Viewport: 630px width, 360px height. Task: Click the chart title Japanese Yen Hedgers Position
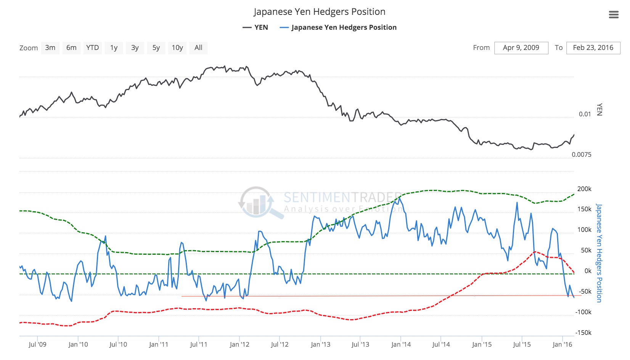(x=319, y=12)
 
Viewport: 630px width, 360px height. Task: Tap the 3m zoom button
(x=50, y=48)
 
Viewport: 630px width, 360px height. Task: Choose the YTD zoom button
(x=92, y=48)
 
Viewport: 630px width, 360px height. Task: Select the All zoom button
(x=198, y=48)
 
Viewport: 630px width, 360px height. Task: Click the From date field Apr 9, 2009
(x=521, y=48)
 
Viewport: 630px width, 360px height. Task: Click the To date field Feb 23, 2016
(x=593, y=48)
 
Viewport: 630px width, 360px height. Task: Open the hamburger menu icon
(x=614, y=15)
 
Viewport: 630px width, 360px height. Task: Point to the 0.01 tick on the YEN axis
(x=585, y=114)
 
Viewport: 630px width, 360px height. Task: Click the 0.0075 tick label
(x=582, y=154)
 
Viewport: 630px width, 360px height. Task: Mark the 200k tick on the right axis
(x=584, y=189)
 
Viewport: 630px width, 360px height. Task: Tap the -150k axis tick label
(x=583, y=333)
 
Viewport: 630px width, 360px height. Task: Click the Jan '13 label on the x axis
(x=320, y=344)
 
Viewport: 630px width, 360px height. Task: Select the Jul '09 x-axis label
(x=37, y=344)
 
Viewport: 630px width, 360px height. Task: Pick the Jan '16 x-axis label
(x=562, y=344)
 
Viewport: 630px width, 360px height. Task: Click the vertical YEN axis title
(x=599, y=109)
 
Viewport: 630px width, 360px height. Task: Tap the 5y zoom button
(x=156, y=48)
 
